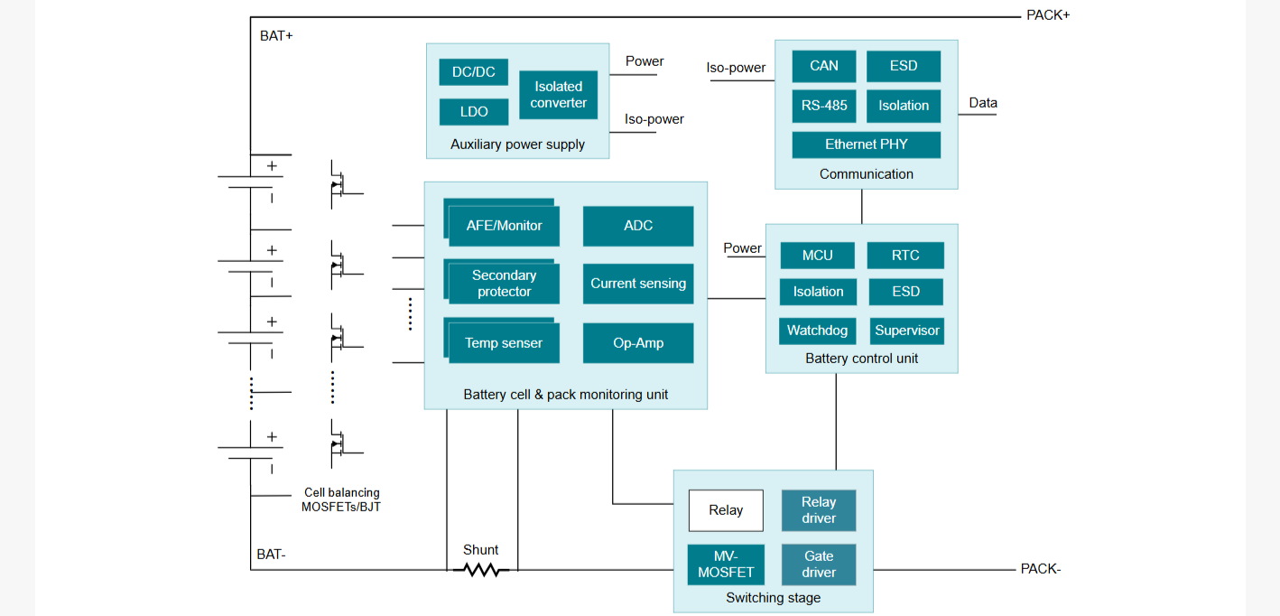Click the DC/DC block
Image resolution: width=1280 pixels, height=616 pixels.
coord(474,72)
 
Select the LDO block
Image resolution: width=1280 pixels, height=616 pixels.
coord(474,111)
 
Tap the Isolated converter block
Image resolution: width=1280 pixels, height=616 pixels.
coord(558,95)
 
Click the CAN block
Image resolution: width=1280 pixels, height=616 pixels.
coord(824,66)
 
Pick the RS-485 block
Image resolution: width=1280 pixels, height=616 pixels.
coord(824,106)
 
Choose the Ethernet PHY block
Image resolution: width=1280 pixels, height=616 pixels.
coord(867,145)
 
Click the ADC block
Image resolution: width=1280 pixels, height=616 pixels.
coord(638,226)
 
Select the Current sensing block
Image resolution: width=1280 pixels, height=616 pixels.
coord(638,284)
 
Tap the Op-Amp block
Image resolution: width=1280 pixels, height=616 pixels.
coord(638,343)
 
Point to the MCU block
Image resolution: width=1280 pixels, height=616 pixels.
coord(817,256)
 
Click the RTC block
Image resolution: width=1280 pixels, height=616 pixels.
coord(905,256)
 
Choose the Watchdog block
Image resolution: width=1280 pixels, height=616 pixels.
coord(817,331)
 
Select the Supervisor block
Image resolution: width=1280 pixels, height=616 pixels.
coord(907,331)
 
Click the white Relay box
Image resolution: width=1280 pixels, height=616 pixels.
coord(726,510)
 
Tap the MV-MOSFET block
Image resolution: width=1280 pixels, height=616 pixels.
coord(726,565)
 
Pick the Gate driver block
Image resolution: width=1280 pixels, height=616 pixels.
coord(819,565)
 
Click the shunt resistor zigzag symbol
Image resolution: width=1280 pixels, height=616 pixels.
coord(481,570)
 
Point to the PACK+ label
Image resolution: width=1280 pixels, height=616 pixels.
coord(1048,15)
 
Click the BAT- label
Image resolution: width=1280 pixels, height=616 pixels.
coord(271,555)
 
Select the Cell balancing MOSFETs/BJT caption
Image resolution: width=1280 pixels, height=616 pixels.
coord(341,499)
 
